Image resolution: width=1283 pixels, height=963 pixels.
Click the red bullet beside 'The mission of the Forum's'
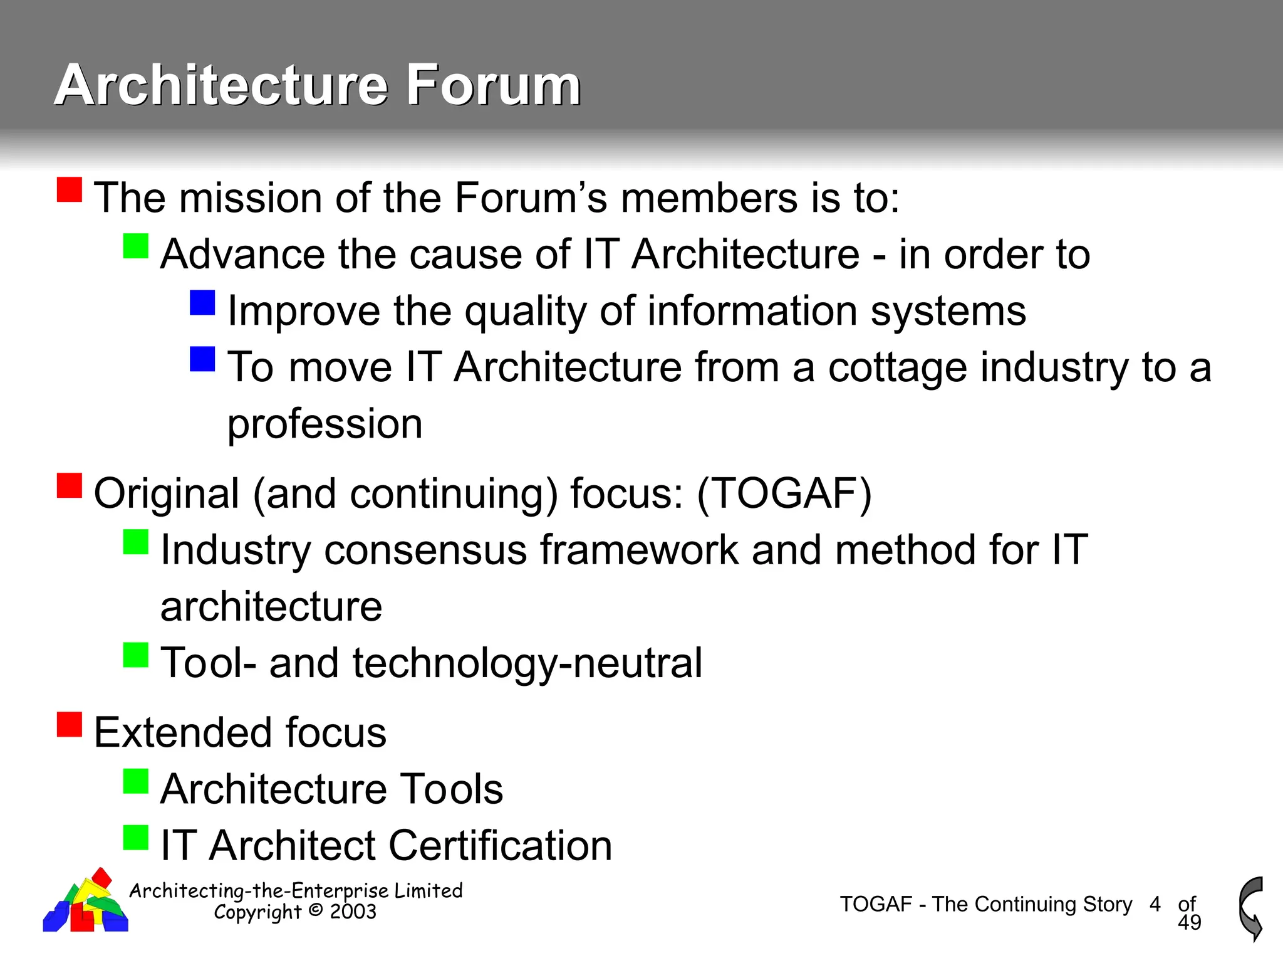[70, 189]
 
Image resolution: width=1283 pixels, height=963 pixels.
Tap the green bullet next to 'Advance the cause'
[136, 246]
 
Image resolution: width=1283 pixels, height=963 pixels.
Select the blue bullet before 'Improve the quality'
[202, 302]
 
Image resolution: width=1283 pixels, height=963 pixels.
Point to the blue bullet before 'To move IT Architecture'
[202, 359]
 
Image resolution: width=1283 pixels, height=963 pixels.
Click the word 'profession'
[325, 424]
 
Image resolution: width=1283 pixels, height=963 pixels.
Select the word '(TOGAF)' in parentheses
[784, 493]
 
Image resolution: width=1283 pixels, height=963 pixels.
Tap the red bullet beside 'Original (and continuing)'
[70, 485]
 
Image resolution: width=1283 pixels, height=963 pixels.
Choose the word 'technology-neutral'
[527, 663]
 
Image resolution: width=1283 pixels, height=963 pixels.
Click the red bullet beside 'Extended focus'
[70, 724]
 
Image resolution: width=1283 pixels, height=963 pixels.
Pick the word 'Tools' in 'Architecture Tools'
[452, 789]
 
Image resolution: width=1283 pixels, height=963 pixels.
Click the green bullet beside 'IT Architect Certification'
[136, 837]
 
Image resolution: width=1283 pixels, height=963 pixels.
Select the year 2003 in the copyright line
[353, 912]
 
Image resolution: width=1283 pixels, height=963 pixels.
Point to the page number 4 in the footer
[1155, 904]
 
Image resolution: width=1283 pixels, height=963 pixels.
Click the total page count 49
[1189, 922]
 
